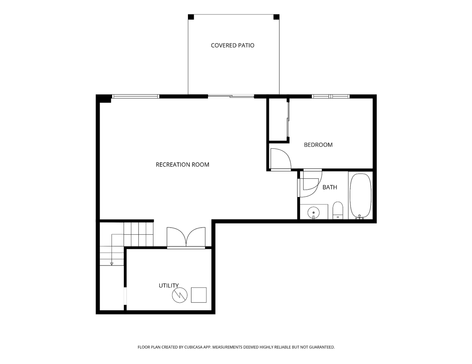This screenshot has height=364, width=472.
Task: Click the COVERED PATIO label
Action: coord(232,45)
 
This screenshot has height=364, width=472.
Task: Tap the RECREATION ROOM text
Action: coord(182,165)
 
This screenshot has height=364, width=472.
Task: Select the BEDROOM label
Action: coord(318,145)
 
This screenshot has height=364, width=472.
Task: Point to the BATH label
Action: coord(330,187)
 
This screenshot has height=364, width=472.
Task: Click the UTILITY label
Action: coord(168,286)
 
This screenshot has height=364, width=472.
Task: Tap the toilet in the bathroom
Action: coord(338,211)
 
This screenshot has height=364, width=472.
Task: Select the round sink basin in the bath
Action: coord(313,212)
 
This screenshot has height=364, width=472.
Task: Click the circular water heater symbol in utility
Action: coord(180,295)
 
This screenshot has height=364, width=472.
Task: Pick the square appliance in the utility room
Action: coord(199,295)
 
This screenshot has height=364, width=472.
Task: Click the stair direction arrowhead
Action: coord(112,264)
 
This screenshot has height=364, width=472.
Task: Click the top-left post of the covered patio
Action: coord(191,17)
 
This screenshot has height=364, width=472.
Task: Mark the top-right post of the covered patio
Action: coord(276,17)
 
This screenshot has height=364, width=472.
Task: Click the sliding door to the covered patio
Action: coord(231,96)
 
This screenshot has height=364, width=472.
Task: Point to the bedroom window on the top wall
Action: coord(331,96)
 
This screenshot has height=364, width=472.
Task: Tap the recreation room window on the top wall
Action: coord(135,96)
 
